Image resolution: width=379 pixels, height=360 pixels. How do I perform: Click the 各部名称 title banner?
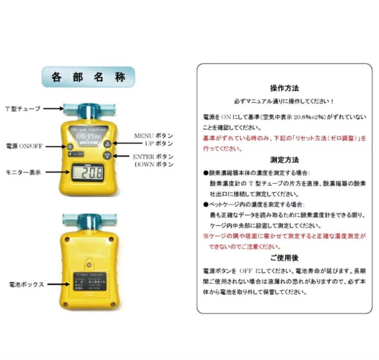[88, 77]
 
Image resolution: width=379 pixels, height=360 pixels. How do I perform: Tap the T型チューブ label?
[23, 109]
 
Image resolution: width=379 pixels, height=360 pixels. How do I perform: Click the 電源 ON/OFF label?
[24, 146]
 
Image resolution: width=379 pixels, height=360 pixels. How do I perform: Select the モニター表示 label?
[23, 172]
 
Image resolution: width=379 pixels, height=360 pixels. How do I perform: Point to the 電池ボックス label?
[27, 285]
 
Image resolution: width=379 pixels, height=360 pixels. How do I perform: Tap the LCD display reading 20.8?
[88, 173]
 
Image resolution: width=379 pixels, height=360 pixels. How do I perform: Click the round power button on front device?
[70, 147]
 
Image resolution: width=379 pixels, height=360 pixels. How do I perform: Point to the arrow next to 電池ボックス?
[56, 285]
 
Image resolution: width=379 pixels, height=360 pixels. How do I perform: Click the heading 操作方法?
[284, 88]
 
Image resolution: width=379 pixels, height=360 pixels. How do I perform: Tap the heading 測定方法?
[284, 160]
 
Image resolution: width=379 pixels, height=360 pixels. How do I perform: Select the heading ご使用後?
[284, 258]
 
